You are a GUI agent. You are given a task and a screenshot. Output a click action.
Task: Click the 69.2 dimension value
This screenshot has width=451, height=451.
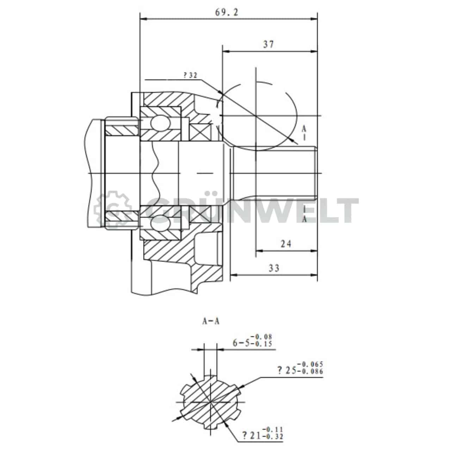click(227, 13)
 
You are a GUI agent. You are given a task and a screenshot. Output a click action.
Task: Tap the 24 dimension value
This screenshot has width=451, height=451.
click(286, 243)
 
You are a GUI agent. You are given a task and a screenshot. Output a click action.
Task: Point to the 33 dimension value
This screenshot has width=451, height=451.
click(273, 268)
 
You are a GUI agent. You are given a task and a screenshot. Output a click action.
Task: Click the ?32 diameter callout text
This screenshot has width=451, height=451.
click(190, 75)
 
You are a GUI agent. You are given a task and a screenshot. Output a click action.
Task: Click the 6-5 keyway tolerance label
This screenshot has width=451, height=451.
click(252, 341)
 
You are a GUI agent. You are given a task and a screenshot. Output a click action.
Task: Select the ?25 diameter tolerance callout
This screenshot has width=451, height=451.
click(300, 368)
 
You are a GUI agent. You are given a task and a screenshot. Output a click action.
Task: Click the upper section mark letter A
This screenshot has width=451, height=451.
click(304, 129)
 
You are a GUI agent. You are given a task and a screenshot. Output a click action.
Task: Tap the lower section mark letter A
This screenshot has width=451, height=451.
click(304, 219)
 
